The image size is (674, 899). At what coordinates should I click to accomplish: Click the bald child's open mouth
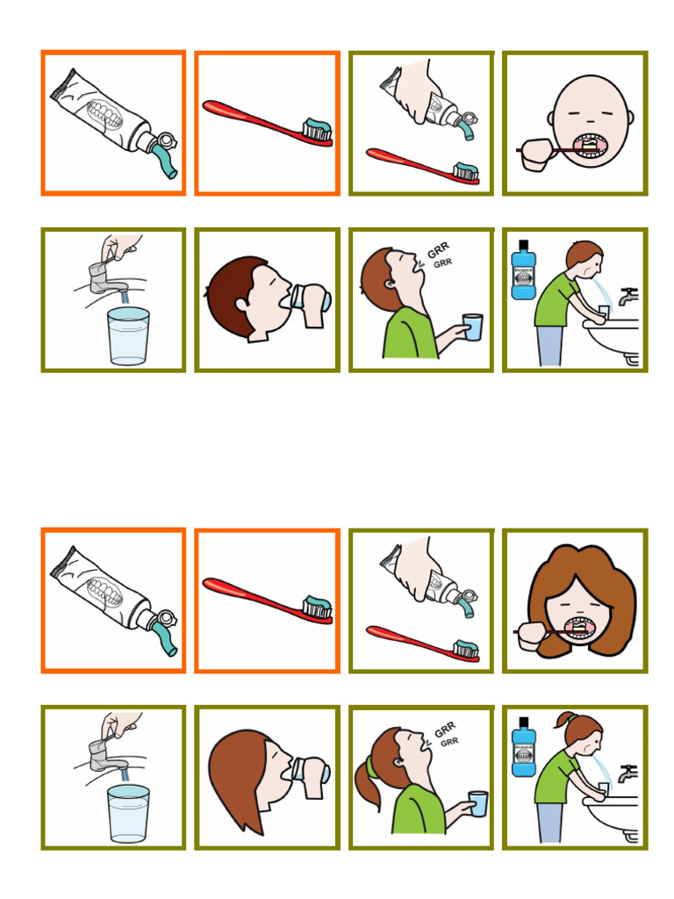(x=585, y=146)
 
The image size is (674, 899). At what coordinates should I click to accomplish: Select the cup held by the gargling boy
(x=472, y=327)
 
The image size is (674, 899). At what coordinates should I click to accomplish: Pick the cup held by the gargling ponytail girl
(x=477, y=803)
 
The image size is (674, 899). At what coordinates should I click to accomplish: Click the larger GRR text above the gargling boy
(x=437, y=252)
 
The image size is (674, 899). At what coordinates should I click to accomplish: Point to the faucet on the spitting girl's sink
(x=628, y=773)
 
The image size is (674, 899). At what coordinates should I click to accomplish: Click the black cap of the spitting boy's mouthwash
(x=523, y=245)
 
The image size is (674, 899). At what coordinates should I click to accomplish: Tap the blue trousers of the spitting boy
(x=549, y=345)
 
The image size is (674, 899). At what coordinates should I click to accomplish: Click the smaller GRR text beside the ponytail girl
(x=449, y=742)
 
